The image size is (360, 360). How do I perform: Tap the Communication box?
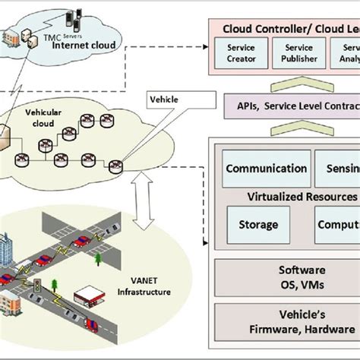tap(266, 169)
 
